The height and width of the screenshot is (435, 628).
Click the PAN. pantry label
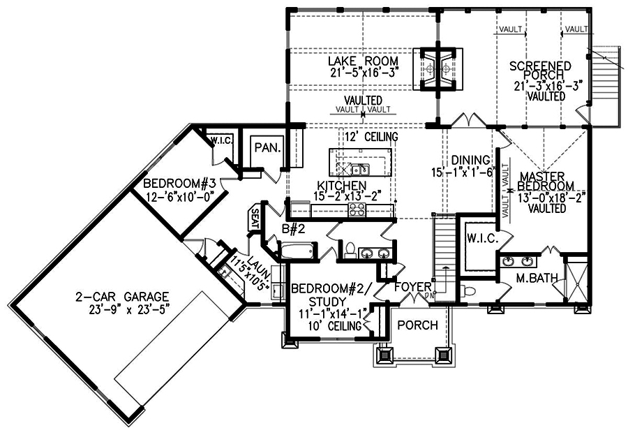pos(267,148)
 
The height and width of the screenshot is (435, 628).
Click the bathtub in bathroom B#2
pos(297,249)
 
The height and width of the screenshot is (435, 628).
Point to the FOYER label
pos(413,286)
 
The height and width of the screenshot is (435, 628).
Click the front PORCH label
pos(417,325)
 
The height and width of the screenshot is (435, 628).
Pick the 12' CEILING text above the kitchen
pos(368,136)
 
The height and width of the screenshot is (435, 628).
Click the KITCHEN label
pos(342,185)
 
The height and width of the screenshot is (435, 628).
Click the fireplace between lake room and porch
pos(438,68)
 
